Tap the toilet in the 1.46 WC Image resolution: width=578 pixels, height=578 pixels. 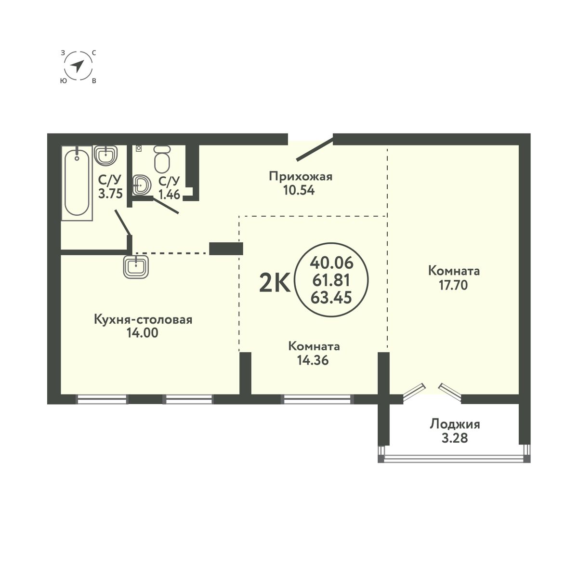[x=162, y=159]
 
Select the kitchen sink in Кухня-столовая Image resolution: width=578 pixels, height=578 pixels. [x=138, y=266]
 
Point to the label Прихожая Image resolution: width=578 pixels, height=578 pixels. [x=301, y=176]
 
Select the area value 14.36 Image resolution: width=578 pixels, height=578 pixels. [x=314, y=360]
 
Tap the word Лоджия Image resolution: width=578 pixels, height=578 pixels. [x=455, y=424]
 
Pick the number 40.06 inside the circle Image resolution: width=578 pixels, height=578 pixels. [x=332, y=263]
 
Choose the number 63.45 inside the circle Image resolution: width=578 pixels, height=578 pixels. [x=332, y=297]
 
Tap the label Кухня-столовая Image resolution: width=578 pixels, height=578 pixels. [x=144, y=320]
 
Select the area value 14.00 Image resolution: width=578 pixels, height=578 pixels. [x=144, y=333]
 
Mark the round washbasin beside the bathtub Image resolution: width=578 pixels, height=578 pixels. [x=105, y=155]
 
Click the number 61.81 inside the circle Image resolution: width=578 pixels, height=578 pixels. [x=332, y=280]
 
